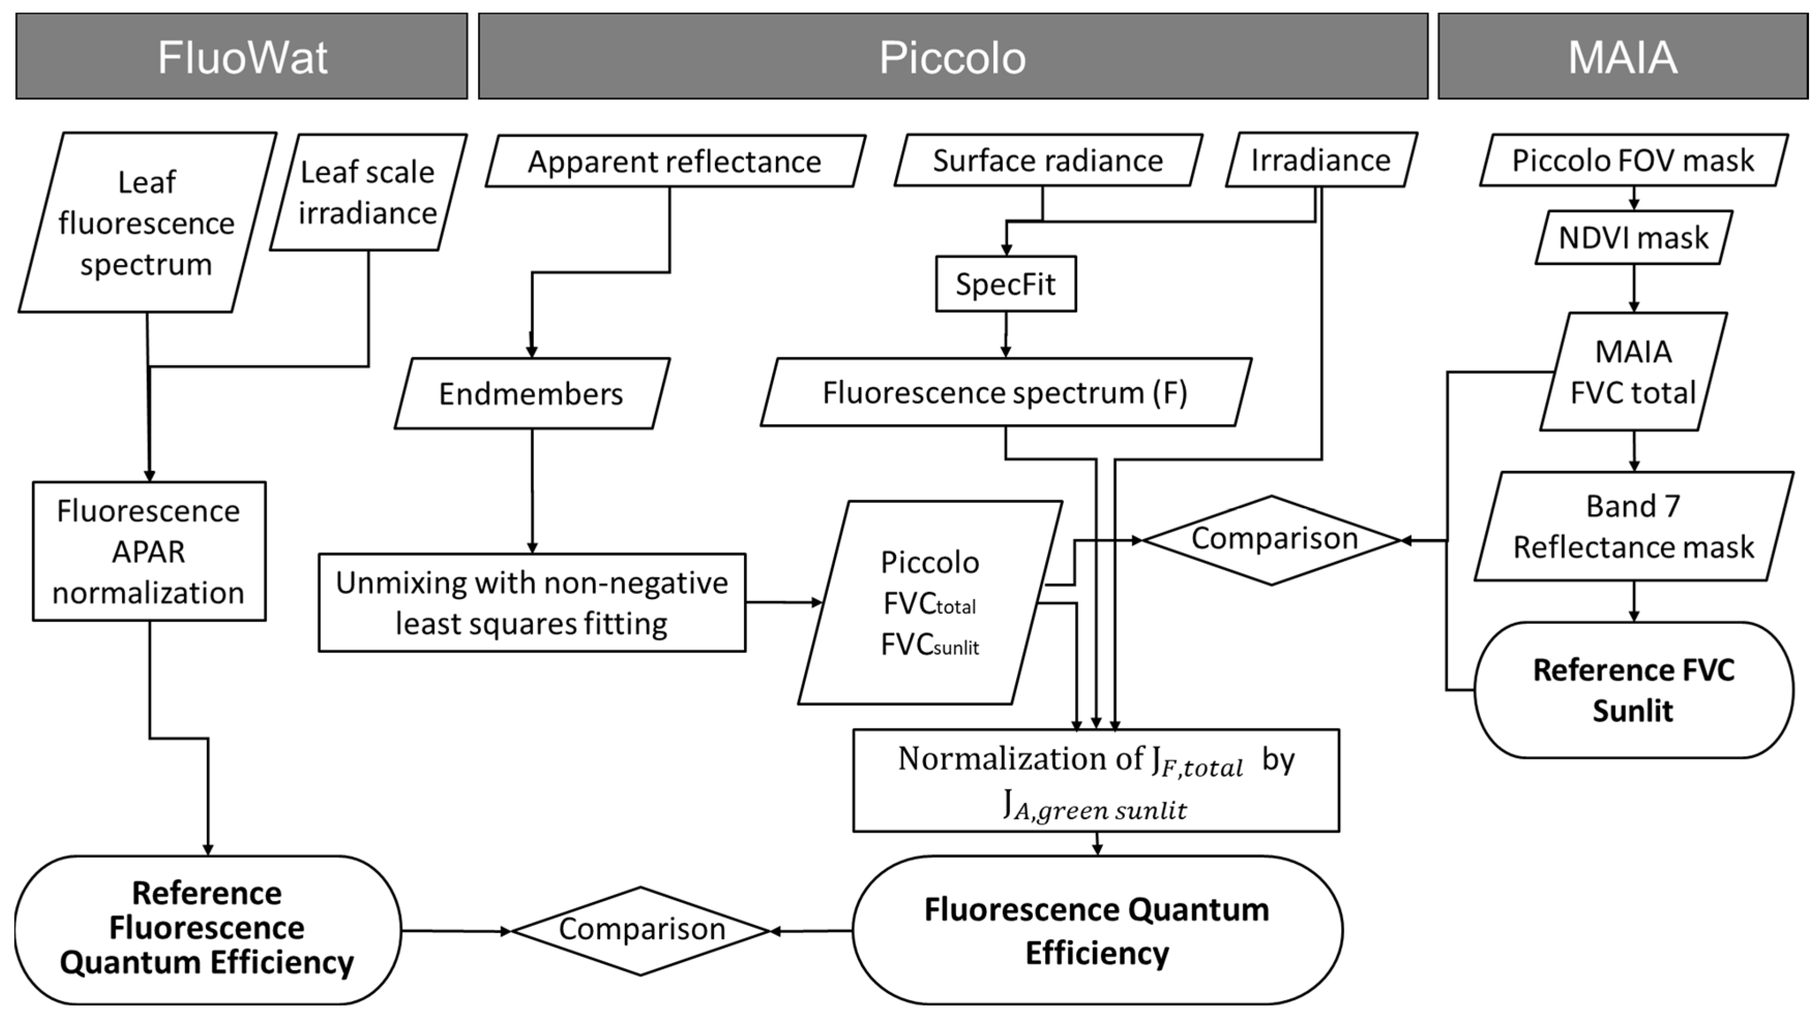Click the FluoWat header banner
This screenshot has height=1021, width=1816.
(241, 56)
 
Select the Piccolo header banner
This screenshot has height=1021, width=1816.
(952, 56)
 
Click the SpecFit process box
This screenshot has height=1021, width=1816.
(1005, 284)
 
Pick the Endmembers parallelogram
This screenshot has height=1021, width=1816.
(531, 393)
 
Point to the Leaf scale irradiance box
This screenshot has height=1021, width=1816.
(367, 192)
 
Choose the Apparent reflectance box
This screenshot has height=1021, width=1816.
(675, 161)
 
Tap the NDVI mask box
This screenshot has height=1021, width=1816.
(1633, 237)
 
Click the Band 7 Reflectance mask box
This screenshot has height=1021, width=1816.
(1633, 526)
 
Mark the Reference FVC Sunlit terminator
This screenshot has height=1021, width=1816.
(1633, 690)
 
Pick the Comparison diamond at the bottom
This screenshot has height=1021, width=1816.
(641, 930)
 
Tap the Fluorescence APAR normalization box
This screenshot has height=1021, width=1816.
(149, 551)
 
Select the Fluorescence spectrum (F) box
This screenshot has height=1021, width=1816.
(1005, 392)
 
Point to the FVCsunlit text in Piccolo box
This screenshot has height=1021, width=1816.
(929, 645)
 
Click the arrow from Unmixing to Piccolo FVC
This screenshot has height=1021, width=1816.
(782, 602)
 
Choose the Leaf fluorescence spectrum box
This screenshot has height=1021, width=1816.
(146, 223)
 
